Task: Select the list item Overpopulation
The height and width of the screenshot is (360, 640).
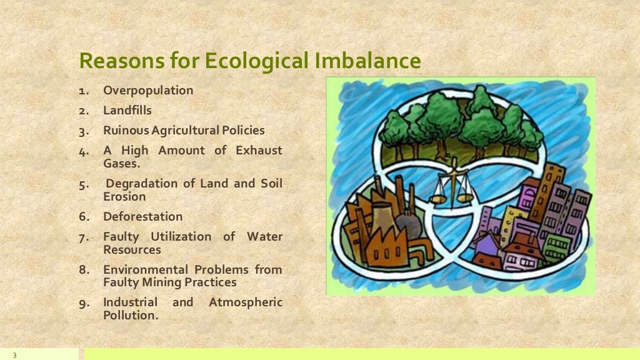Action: (148, 91)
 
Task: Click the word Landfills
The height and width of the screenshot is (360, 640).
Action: (127, 111)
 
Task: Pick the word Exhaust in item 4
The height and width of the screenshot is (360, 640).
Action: (259, 151)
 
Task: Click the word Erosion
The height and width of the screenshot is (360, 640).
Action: (124, 197)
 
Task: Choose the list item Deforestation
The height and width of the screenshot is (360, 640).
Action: (143, 217)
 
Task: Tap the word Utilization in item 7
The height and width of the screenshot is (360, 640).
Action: (181, 237)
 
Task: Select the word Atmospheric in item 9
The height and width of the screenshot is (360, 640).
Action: (246, 302)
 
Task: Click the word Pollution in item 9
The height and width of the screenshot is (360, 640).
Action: (129, 316)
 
